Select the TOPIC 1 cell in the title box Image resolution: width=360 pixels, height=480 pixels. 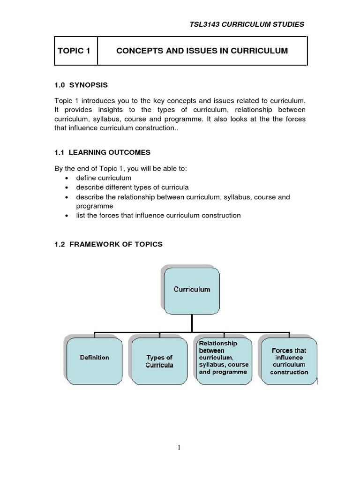pos(74,51)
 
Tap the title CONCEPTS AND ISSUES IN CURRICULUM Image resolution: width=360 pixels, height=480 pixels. pos(202,51)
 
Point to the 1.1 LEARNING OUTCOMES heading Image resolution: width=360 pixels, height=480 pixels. pos(103,152)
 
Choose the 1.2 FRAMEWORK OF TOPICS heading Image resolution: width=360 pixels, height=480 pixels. pos(109,244)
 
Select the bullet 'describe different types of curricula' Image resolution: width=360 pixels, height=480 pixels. pos(132,187)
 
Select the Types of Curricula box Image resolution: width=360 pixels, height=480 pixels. pos(159,361)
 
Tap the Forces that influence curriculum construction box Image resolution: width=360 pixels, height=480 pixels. pos(289,361)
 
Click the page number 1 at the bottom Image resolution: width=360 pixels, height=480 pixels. pos(179,448)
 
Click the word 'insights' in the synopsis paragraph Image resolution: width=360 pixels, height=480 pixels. pos(118,110)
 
